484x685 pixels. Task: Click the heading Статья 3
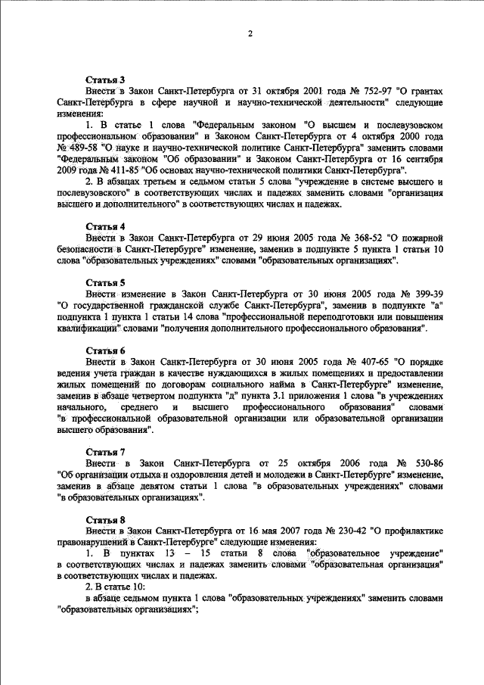pyautogui.click(x=105, y=79)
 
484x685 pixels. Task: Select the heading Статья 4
pyautogui.click(x=105, y=226)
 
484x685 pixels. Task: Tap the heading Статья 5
pyautogui.click(x=105, y=282)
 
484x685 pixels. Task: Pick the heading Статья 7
pyautogui.click(x=105, y=453)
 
